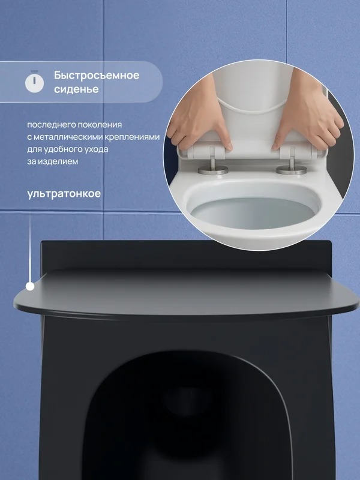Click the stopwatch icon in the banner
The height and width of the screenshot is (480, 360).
click(x=34, y=82)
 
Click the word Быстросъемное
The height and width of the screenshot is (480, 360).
click(x=97, y=75)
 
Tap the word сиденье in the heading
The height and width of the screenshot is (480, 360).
click(x=76, y=89)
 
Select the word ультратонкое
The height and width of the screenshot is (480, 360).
click(x=64, y=194)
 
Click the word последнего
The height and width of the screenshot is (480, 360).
click(x=51, y=125)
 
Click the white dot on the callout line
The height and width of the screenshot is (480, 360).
click(x=30, y=286)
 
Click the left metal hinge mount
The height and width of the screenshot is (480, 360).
click(x=213, y=167)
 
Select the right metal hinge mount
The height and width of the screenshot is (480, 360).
click(x=292, y=167)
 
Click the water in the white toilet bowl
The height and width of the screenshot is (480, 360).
click(x=253, y=213)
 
